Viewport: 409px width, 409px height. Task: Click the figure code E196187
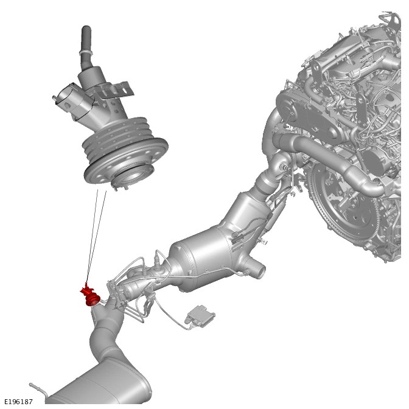[18, 402]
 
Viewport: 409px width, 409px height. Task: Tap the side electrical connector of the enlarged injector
[71, 100]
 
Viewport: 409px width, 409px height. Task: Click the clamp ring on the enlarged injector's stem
[85, 54]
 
